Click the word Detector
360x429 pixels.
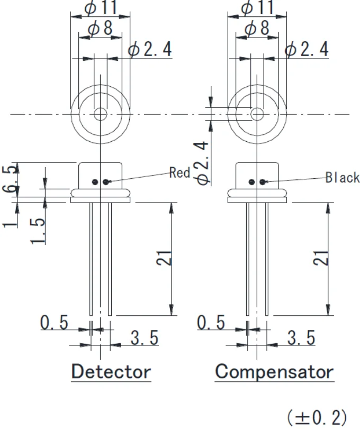pyautogui.click(x=111, y=371)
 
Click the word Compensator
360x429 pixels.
pyautogui.click(x=274, y=371)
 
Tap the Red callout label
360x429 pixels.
pyautogui.click(x=179, y=172)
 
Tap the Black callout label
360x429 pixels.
pyautogui.click(x=343, y=177)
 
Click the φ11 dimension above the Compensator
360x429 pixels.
pyautogui.click(x=257, y=8)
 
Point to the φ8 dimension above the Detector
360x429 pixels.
pyautogui.click(x=101, y=29)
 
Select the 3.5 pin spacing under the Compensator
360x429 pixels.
pyautogui.click(x=301, y=337)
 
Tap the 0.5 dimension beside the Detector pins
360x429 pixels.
pyautogui.click(x=55, y=322)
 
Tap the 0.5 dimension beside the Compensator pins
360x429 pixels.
pyautogui.click(x=211, y=322)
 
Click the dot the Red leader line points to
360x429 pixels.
pyautogui.click(x=106, y=182)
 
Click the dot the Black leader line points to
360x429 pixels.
pyautogui.click(x=263, y=182)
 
